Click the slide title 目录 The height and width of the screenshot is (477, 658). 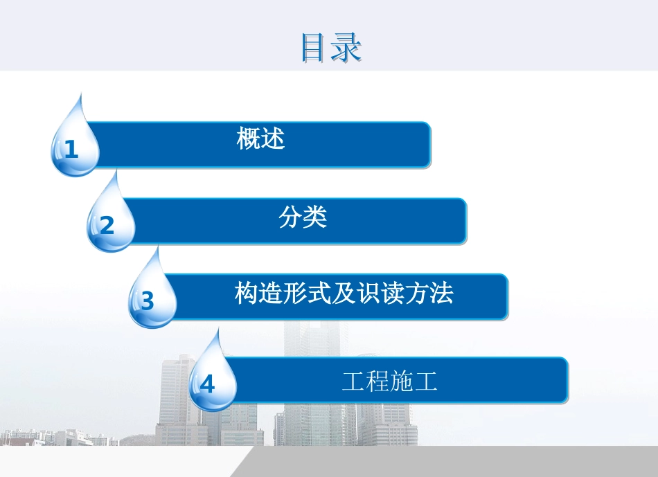332,48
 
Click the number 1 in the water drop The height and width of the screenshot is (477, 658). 71,150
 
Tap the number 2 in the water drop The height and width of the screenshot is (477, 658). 107,226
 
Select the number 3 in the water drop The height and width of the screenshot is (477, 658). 148,302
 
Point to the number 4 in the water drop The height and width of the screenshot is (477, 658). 208,384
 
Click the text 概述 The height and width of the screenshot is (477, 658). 260,139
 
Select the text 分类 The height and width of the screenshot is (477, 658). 303,217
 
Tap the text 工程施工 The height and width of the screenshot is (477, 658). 390,381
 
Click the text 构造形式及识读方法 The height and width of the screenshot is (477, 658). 344,294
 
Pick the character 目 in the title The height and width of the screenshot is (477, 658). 315,48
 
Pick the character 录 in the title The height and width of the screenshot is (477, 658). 348,48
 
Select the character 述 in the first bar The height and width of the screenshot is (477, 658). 273,139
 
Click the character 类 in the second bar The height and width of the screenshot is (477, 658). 315,217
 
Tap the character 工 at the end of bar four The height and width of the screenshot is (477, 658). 427,381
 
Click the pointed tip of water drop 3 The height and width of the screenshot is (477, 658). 159,248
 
